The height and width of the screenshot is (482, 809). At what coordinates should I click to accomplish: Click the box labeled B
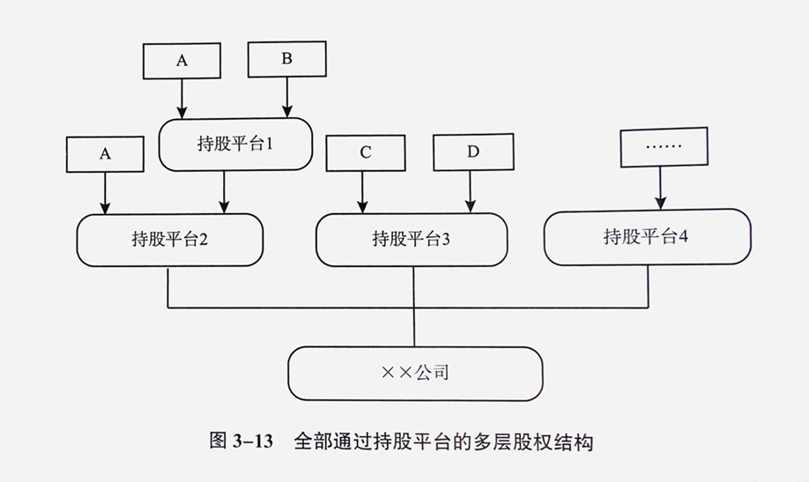tap(286, 60)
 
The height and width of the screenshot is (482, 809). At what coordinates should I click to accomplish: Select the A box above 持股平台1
tap(182, 60)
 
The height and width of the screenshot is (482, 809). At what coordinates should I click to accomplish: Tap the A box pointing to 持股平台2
tap(105, 152)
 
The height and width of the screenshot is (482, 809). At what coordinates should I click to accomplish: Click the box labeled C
tap(365, 152)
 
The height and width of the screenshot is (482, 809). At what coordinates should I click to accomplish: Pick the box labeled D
tap(472, 151)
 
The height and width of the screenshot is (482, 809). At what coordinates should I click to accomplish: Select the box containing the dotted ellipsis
tap(664, 145)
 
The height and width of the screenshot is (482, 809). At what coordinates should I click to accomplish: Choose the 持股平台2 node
tap(170, 240)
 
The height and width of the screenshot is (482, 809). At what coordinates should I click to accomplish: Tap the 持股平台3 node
tap(412, 239)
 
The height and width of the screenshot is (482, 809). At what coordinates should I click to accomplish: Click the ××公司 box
tap(415, 373)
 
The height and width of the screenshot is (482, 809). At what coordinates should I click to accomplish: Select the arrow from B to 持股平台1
tap(286, 97)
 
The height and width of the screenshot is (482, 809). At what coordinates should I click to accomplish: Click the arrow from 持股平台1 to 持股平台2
tap(225, 191)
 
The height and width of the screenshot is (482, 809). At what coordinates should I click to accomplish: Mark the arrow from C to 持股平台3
tap(362, 191)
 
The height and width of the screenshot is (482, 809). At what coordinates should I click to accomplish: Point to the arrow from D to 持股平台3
tap(471, 191)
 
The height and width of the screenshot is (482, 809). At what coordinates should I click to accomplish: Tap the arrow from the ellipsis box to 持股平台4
tap(659, 187)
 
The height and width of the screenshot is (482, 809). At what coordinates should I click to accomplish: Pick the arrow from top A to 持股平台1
tap(182, 98)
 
